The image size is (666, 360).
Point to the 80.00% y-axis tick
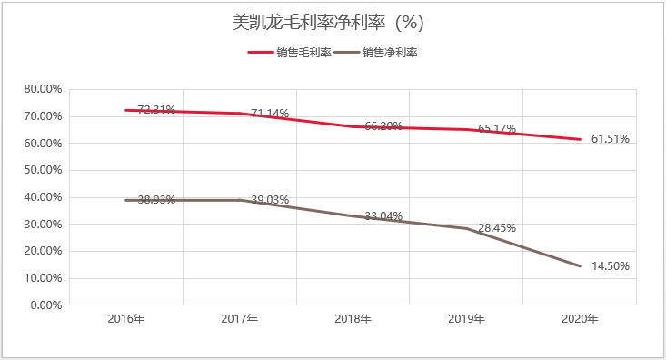(x=42, y=89)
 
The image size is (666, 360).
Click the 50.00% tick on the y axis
(x=42, y=170)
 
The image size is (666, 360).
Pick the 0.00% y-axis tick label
(x=45, y=305)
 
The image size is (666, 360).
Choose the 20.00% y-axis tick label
(x=42, y=252)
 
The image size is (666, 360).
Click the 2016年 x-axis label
(x=126, y=319)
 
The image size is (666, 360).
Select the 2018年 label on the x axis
(x=353, y=319)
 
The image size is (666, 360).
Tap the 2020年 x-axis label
(x=580, y=319)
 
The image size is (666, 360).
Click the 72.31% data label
(x=155, y=110)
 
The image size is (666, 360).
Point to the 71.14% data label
(x=269, y=114)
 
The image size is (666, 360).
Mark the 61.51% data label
(x=610, y=139)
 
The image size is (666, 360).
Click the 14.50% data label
(x=610, y=266)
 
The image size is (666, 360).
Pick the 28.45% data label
(x=496, y=228)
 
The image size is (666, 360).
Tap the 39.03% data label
(x=269, y=200)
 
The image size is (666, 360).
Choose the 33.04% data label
(x=383, y=216)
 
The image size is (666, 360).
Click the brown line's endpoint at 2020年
(x=580, y=266)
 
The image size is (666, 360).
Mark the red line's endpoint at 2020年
(x=580, y=139)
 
